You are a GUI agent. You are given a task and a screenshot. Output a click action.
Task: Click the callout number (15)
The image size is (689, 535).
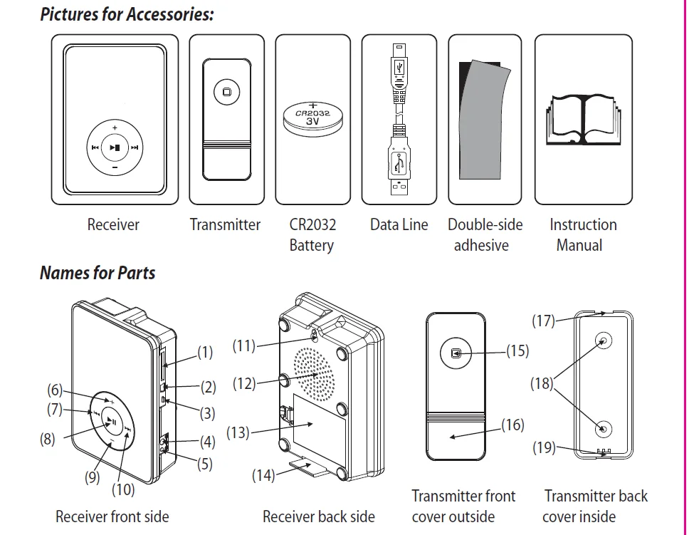517,350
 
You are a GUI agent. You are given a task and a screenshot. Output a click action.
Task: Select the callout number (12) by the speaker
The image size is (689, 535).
244,383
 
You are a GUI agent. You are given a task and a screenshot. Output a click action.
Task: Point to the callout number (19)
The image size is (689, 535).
545,448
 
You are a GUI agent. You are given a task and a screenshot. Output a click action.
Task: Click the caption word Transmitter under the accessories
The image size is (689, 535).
225,225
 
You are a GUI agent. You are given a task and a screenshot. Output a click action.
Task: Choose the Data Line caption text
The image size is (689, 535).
399,225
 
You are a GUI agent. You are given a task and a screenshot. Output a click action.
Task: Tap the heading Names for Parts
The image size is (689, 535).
98,273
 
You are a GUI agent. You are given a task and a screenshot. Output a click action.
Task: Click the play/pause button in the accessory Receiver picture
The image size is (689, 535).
115,148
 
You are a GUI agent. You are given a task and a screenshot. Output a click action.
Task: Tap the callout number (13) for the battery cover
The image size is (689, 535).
238,432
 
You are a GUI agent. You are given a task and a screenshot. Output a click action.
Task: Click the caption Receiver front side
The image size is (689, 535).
112,516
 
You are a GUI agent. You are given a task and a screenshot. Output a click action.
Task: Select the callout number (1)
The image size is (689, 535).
205,351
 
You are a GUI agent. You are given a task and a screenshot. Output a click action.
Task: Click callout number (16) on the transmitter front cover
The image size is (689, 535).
512,425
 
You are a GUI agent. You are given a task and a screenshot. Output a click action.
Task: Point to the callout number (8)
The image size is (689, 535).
47,439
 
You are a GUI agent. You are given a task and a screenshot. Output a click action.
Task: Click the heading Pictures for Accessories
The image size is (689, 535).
127,15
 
